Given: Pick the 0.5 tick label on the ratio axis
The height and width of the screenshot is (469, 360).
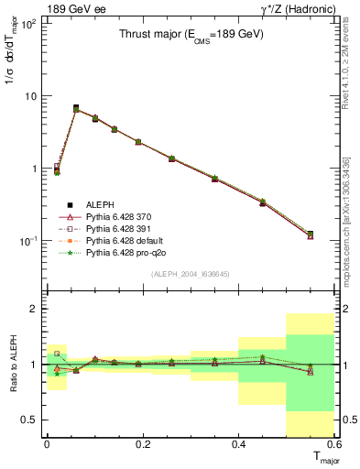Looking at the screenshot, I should [29, 420].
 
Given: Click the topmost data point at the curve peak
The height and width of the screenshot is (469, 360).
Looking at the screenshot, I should [76, 108].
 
